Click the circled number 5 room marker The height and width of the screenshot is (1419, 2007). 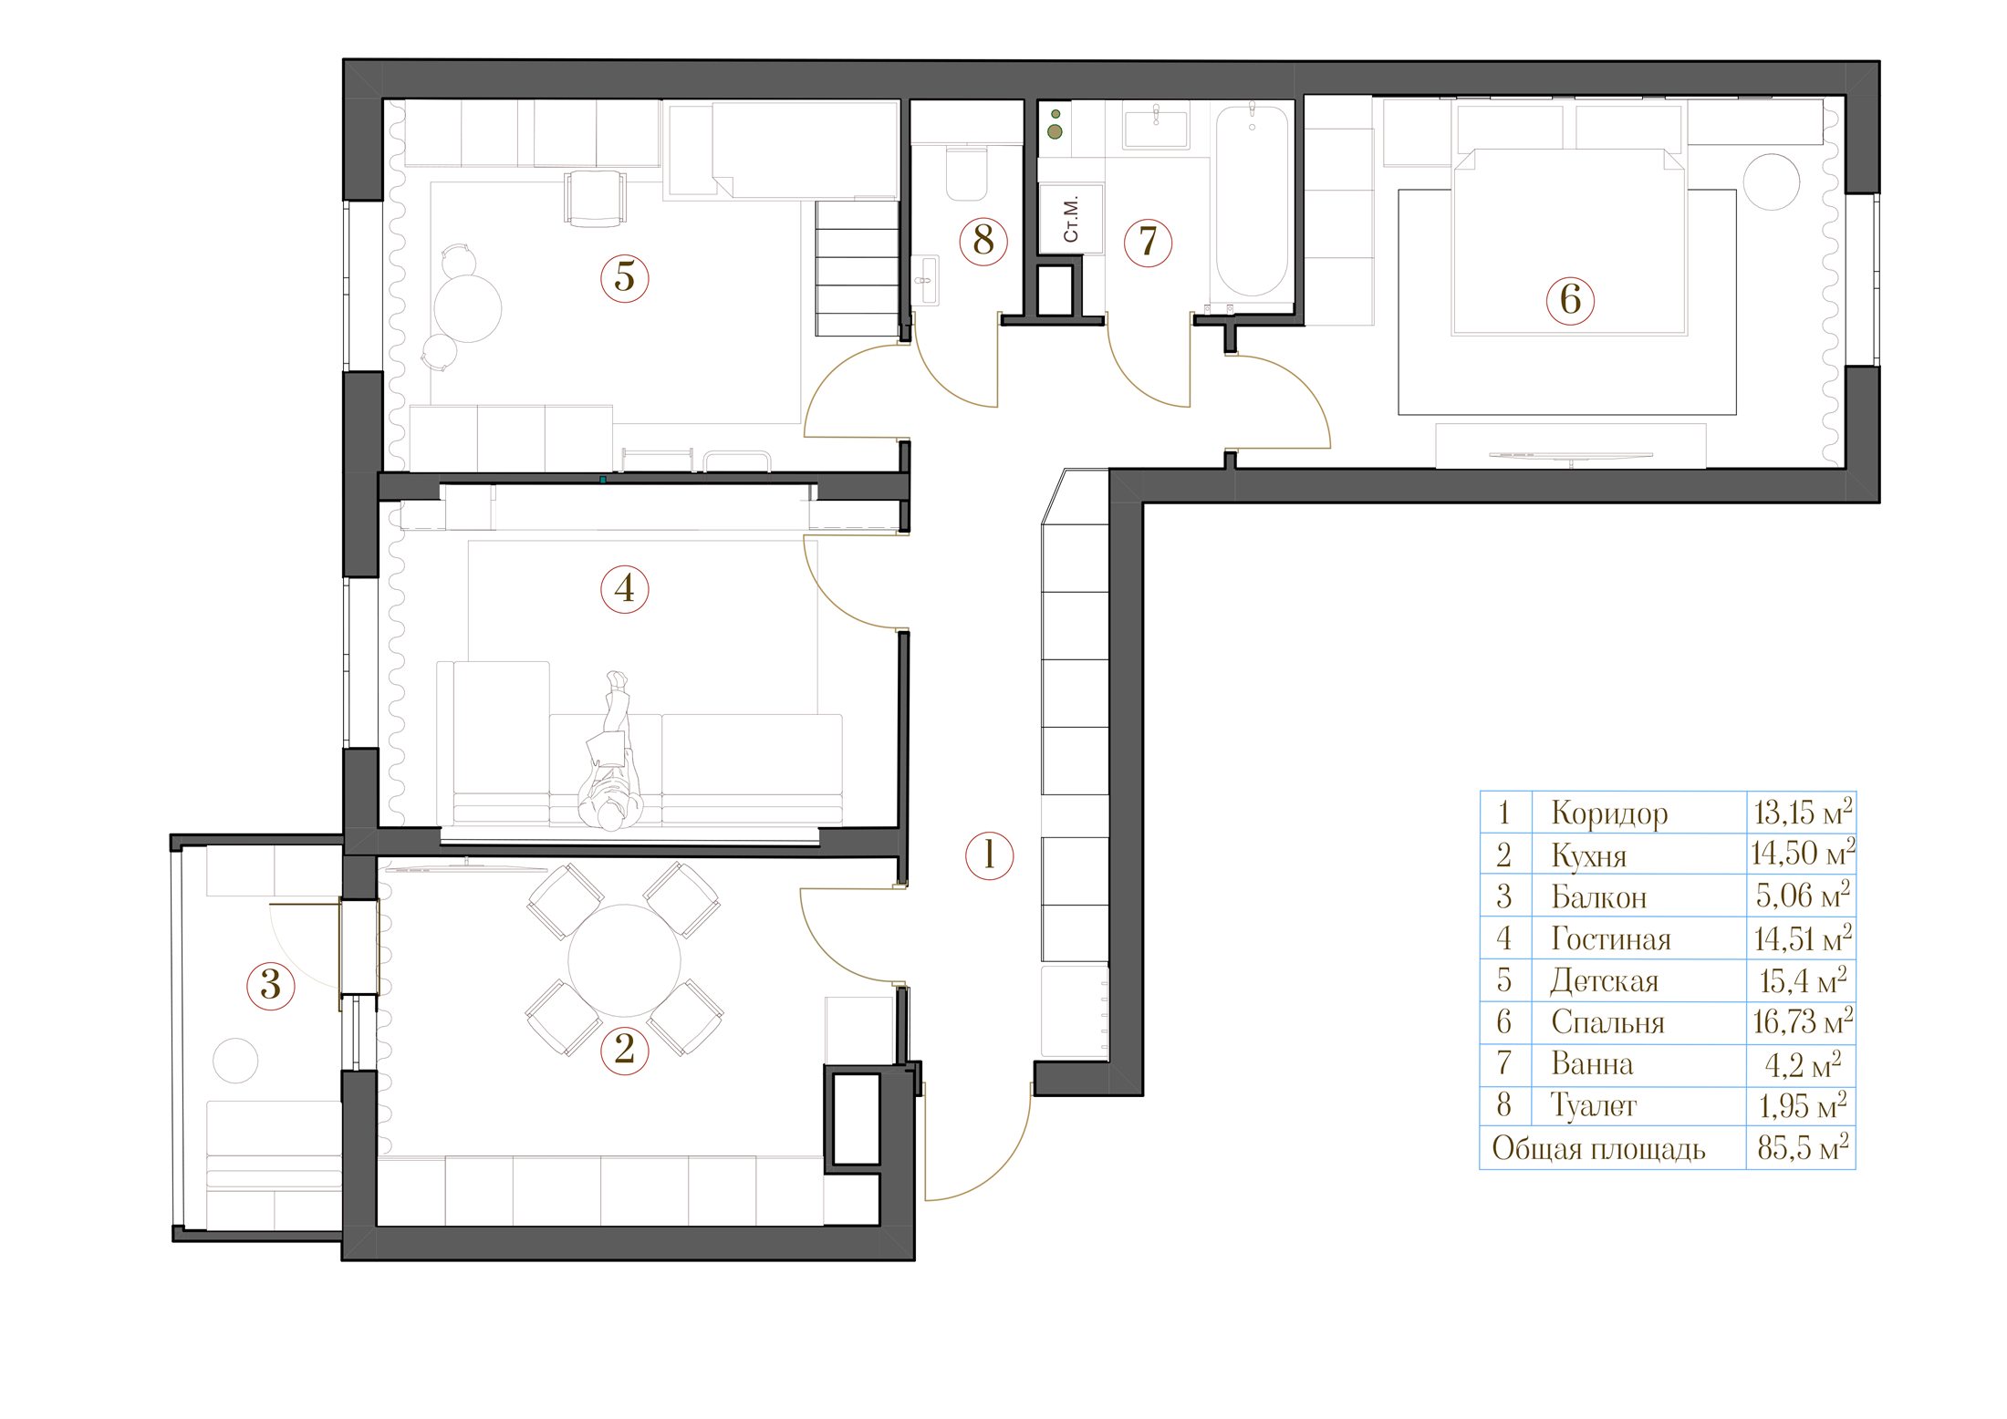[x=625, y=276]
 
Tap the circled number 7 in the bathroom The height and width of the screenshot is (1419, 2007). [x=1148, y=242]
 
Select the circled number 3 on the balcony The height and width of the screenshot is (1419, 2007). [x=271, y=985]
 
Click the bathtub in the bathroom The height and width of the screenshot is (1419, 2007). [x=1252, y=203]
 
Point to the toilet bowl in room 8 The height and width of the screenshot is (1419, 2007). [x=967, y=172]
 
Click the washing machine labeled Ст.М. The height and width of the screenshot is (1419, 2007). [x=1072, y=218]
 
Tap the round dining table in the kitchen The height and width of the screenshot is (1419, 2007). [x=625, y=959]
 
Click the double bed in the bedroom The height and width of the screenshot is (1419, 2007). [x=1569, y=242]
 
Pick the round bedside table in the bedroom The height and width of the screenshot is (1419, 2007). [x=1772, y=181]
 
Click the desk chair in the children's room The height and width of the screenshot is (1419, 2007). [x=595, y=198]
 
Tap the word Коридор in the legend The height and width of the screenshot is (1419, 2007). [x=1609, y=813]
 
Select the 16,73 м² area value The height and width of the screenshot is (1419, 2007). [x=1803, y=1021]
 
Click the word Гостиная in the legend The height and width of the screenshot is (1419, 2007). [x=1611, y=939]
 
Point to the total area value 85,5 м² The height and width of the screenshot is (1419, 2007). [x=1803, y=1147]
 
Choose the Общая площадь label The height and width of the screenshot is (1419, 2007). [x=1598, y=1149]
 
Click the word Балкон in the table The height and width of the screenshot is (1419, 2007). [x=1599, y=897]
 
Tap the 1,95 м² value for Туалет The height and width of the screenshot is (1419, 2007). [x=1803, y=1106]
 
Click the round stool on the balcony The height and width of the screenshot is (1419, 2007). [x=235, y=1061]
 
